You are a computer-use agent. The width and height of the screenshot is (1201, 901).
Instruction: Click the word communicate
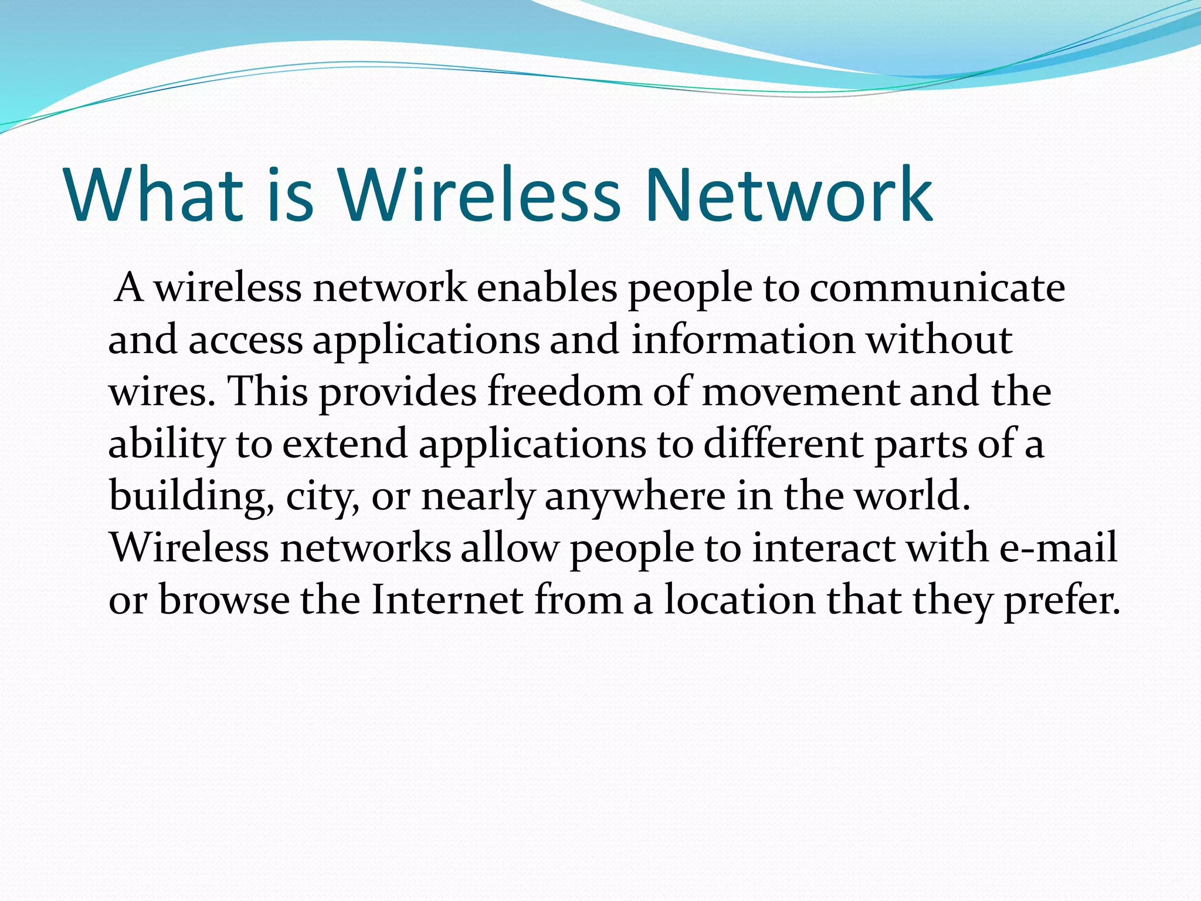937,289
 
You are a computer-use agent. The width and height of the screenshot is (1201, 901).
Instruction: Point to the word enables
547,289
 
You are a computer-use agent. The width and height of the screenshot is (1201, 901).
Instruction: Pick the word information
742,340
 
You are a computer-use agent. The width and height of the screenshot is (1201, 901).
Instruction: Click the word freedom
565,392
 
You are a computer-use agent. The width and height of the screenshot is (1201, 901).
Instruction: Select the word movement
800,392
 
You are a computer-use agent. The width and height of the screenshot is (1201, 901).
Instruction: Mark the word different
783,443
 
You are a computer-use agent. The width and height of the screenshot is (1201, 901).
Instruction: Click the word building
191,496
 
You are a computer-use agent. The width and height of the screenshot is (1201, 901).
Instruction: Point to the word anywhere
635,496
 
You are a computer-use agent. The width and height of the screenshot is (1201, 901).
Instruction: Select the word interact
823,548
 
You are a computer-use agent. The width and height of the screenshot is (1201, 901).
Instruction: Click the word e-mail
1058,548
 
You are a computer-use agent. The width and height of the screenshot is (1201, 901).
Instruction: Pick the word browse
224,599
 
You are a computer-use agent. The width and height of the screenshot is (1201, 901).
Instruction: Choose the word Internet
447,599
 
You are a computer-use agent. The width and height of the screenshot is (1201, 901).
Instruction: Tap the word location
739,599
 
